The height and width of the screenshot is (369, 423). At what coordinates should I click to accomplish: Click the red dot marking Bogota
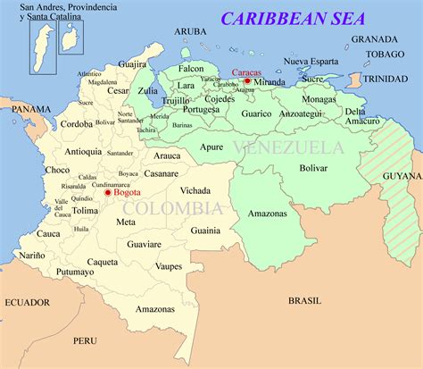(x=108, y=192)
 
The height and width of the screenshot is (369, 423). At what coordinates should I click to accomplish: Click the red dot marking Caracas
(x=247, y=81)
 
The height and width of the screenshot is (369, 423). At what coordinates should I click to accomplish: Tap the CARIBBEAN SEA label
(x=295, y=19)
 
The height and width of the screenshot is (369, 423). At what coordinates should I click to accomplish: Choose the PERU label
(x=85, y=340)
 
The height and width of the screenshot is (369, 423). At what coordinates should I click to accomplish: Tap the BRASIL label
(x=304, y=301)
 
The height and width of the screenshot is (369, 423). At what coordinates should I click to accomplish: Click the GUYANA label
(x=401, y=177)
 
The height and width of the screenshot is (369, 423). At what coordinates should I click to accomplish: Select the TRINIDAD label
(x=391, y=79)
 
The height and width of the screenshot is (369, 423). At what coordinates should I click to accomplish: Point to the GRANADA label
(x=374, y=39)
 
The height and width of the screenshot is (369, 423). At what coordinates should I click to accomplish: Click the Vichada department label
(x=195, y=191)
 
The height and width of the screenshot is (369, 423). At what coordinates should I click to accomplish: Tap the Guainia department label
(x=205, y=230)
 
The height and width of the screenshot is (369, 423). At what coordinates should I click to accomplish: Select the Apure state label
(x=211, y=147)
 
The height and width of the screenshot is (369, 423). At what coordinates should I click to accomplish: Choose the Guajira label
(x=132, y=64)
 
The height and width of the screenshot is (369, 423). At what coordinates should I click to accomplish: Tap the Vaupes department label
(x=169, y=266)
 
